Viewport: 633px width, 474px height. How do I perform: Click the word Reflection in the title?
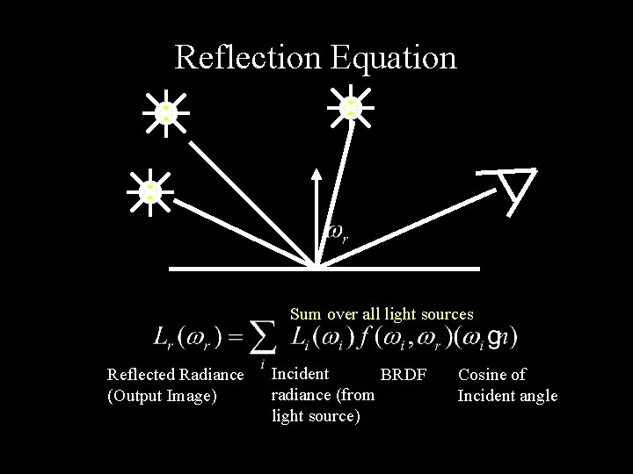(x=249, y=58)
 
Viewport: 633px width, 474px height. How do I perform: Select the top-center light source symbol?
(x=351, y=106)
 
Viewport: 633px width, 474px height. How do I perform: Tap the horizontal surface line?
(x=396, y=268)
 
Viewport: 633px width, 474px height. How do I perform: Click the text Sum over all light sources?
(x=382, y=314)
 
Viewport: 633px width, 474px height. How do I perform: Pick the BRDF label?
(x=403, y=375)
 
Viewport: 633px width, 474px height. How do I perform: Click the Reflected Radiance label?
(x=175, y=375)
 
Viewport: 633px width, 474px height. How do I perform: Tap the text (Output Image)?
(x=162, y=396)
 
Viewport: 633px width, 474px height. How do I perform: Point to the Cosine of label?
(x=491, y=375)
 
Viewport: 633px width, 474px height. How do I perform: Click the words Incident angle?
(x=507, y=396)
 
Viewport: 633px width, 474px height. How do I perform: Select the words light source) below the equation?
(x=316, y=415)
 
